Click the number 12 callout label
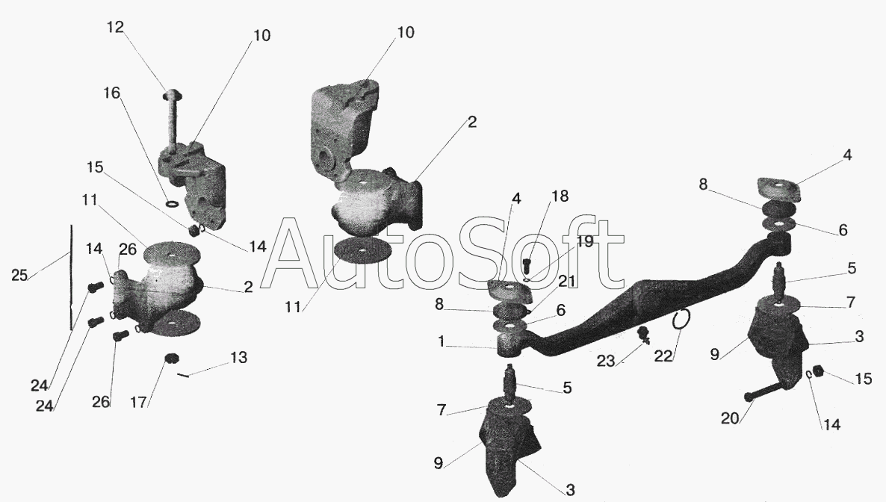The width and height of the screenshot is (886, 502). pos(115,27)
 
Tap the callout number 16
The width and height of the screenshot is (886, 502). pos(112,92)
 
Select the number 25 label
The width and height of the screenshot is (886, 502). pos(19,276)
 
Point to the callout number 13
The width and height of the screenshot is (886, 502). pos(238,358)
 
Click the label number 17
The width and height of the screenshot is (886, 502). pos(138,403)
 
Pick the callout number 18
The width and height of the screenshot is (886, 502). pos(560,196)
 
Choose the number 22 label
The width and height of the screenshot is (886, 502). pos(663,357)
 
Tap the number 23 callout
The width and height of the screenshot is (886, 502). pos(605,362)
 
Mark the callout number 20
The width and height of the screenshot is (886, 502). pos(730,418)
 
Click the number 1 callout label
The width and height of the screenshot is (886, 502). pos(441,341)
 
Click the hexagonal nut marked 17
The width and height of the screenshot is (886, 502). pos(171,359)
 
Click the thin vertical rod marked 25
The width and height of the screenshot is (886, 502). pos(71,277)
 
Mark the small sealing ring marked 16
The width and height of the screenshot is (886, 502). pos(173,202)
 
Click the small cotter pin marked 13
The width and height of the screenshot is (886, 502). pos(183,374)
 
